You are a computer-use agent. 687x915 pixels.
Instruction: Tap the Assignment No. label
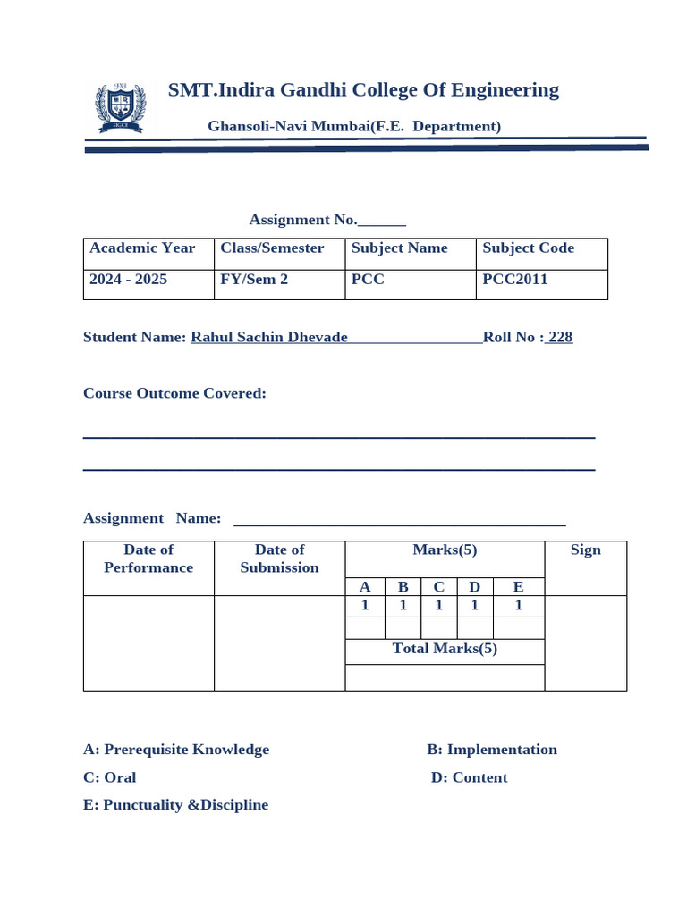tap(303, 220)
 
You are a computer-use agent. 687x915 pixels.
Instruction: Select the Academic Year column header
tap(142, 248)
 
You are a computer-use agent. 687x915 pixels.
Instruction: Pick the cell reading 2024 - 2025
tap(128, 279)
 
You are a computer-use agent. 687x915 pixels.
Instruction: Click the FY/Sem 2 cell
tap(254, 279)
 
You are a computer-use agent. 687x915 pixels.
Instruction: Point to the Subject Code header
tap(528, 248)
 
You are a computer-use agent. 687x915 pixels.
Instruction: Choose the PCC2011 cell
tap(514, 279)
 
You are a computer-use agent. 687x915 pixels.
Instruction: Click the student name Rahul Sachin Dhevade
tap(269, 337)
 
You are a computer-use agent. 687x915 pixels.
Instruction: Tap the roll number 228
tap(560, 337)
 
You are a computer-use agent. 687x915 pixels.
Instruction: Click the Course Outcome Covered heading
tap(174, 393)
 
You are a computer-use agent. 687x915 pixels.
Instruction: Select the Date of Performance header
tap(148, 558)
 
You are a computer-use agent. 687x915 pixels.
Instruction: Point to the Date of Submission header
tap(279, 558)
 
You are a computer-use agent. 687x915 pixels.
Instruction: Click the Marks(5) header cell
tap(445, 550)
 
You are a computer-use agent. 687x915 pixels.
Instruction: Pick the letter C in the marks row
tap(438, 587)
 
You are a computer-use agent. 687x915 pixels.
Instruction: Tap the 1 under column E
tap(518, 605)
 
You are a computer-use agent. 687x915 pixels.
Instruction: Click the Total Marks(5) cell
tap(445, 649)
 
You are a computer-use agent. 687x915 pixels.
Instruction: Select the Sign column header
tap(585, 550)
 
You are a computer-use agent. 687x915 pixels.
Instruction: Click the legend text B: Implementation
tap(492, 750)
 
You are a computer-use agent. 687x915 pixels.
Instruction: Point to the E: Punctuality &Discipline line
tap(175, 805)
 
